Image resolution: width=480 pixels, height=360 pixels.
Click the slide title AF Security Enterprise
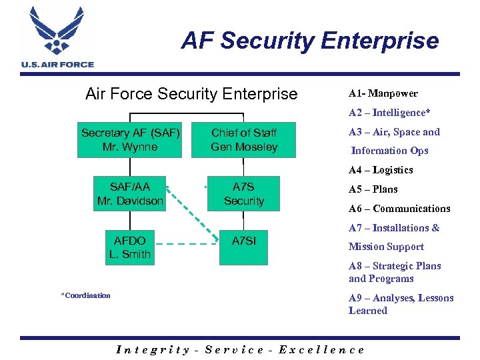(310, 41)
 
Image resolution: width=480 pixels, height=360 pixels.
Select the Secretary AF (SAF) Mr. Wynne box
(130, 140)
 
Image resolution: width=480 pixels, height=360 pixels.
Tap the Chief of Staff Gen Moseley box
(244, 140)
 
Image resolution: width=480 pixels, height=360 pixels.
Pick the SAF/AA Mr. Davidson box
(130, 194)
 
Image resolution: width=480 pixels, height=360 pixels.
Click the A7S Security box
(244, 194)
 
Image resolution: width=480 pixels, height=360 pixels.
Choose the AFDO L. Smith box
(130, 247)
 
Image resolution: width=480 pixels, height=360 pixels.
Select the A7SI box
(244, 247)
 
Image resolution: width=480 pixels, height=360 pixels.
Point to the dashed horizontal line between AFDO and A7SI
(187, 244)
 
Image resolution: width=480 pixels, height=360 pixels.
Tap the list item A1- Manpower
(383, 93)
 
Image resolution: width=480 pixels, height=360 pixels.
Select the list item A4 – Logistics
(381, 170)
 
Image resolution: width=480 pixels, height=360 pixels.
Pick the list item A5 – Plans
(373, 189)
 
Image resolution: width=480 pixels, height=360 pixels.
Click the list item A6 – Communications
(399, 209)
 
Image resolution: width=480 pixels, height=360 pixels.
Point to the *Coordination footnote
(85, 295)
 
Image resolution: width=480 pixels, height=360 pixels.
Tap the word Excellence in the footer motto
(321, 349)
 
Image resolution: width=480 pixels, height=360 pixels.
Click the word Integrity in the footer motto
(153, 349)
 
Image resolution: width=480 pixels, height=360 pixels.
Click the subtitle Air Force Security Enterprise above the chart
(191, 94)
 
